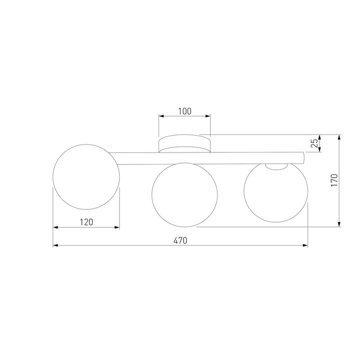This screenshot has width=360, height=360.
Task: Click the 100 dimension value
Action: pyautogui.click(x=184, y=111)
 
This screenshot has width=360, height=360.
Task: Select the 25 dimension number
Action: pyautogui.click(x=314, y=143)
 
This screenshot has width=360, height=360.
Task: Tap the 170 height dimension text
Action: pyautogui.click(x=334, y=180)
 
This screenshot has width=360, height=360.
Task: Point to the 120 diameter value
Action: pyautogui.click(x=86, y=222)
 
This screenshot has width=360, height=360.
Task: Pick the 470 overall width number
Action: pyautogui.click(x=180, y=240)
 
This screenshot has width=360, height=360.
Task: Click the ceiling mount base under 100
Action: pyautogui.click(x=184, y=144)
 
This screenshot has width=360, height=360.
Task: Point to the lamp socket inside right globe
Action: pyautogui.click(x=275, y=167)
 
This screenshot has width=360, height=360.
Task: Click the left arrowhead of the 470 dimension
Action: pyautogui.click(x=55, y=245)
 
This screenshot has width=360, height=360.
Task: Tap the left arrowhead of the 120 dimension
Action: pyautogui.click(x=55, y=227)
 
